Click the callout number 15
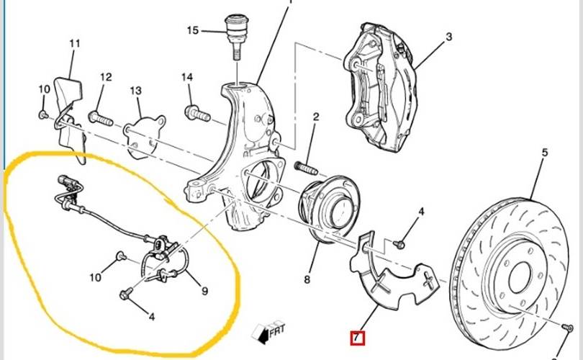192,30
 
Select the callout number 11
75,43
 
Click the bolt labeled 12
100,116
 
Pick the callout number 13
136,91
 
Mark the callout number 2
315,117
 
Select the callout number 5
545,153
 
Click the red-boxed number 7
356,337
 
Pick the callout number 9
204,291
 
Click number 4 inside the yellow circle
152,315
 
